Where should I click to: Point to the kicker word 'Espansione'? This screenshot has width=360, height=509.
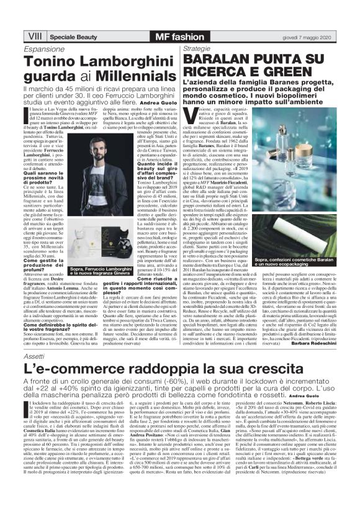click(x=48, y=48)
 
